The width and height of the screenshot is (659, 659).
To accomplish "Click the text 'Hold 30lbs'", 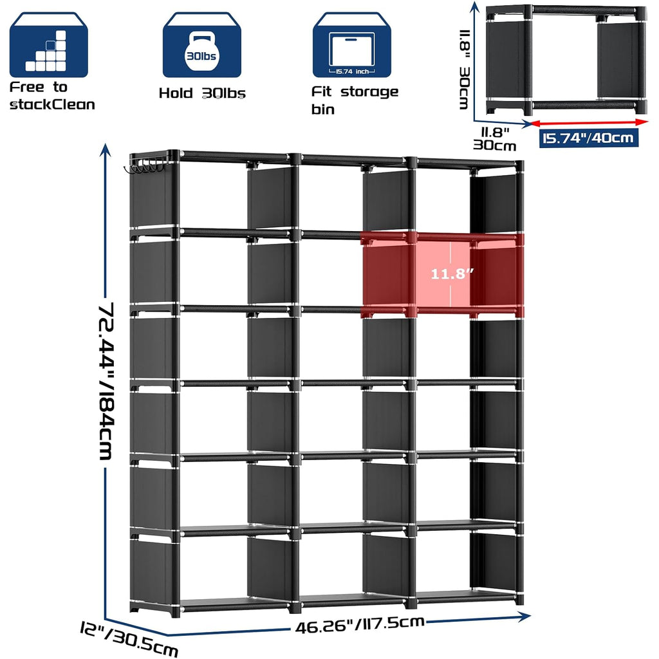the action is point(202,93).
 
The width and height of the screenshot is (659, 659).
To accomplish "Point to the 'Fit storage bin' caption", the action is point(355,100).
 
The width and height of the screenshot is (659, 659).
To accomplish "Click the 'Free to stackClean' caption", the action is point(52,96).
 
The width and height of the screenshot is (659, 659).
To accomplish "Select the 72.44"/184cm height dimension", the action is point(106,381).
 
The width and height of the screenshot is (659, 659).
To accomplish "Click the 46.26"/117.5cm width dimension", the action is point(360,625).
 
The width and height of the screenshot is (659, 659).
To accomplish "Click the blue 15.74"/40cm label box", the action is point(588,138).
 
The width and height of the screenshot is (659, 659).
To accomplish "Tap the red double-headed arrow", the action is point(589,122).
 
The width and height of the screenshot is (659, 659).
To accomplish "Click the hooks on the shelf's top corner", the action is point(144,165).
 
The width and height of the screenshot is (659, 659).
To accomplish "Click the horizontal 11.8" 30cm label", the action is point(495,139).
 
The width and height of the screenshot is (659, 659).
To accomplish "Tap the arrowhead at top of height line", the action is point(105,149).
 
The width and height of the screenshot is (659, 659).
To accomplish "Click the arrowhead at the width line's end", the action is point(524,617).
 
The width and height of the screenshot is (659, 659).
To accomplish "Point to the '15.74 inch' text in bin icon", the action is point(352,71).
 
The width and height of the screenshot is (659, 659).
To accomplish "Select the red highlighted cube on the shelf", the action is point(442,274).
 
